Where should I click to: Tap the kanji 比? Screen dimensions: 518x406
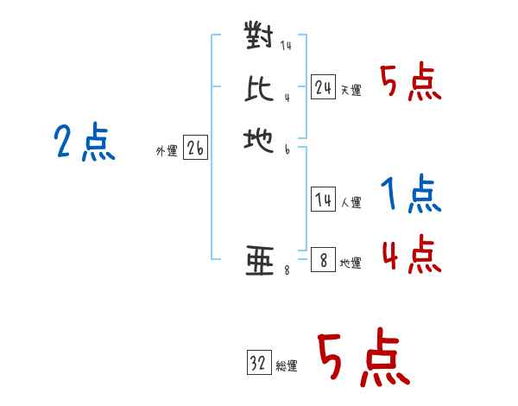pyautogui.click(x=259, y=87)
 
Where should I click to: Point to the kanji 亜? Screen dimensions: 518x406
pyautogui.click(x=259, y=260)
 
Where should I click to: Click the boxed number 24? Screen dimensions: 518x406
pyautogui.click(x=323, y=86)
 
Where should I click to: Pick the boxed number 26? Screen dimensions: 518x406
pyautogui.click(x=195, y=149)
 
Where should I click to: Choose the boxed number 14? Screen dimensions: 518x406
pyautogui.click(x=323, y=200)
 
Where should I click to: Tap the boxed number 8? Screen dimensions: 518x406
pyautogui.click(x=323, y=260)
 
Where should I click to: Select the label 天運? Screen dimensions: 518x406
pyautogui.click(x=351, y=90)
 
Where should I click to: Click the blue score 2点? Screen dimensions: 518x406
pyautogui.click(x=85, y=143)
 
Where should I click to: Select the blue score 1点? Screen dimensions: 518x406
pyautogui.click(x=412, y=194)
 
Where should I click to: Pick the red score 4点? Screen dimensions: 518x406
pyautogui.click(x=412, y=254)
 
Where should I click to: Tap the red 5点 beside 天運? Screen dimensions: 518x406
pyautogui.click(x=412, y=83)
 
